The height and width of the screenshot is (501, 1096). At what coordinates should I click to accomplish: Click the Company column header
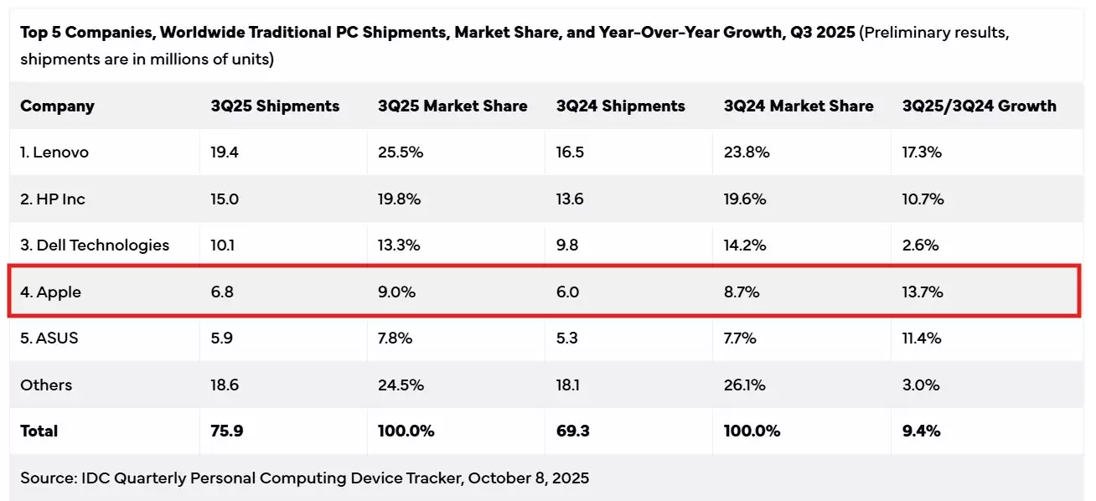[57, 106]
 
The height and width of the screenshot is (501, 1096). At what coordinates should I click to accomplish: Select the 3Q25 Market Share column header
[452, 106]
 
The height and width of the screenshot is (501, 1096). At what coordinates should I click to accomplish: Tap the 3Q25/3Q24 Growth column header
[979, 106]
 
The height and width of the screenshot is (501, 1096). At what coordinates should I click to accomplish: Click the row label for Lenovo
[54, 152]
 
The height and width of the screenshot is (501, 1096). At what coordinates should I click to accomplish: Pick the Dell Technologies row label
[95, 245]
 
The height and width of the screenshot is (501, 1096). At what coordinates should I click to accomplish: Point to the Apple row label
[50, 292]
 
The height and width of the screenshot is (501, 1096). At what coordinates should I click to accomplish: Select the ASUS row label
[49, 338]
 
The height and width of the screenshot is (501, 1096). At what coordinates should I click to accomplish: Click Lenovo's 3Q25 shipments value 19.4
[224, 152]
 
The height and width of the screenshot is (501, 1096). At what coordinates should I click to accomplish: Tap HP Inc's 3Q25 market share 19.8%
[399, 199]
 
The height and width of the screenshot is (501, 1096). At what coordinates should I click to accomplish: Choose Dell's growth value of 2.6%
[920, 245]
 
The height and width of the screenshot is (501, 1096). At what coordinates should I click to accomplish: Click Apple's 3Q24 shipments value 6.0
[567, 292]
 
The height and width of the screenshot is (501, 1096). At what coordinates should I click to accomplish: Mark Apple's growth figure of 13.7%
[923, 292]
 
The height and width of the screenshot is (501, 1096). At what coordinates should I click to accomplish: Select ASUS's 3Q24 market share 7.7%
[740, 338]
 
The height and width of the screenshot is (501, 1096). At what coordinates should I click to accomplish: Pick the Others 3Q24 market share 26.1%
[742, 385]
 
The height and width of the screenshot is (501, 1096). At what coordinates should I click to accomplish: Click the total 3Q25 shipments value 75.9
[226, 431]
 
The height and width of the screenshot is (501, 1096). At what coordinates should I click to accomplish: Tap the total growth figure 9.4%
[921, 431]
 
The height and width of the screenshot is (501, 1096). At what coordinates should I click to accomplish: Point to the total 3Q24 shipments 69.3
[571, 431]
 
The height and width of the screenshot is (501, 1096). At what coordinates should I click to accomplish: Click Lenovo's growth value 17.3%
[922, 152]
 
